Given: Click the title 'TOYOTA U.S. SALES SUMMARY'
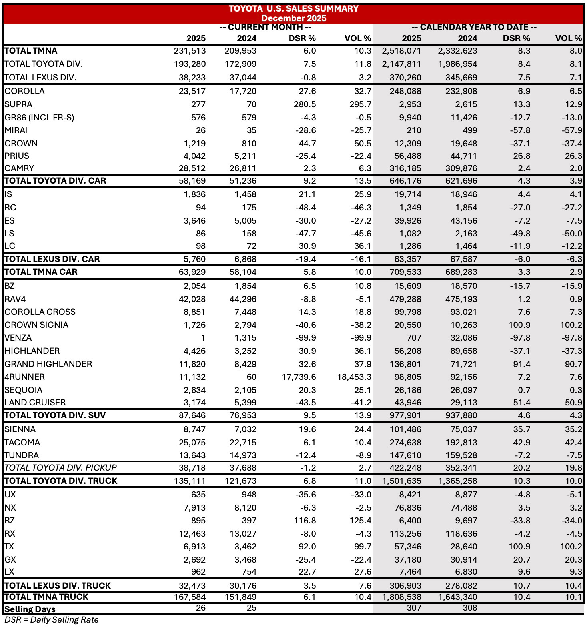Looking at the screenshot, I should point(293,8).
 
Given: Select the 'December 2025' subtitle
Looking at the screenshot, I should point(293,18).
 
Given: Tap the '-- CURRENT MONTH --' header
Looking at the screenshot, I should point(265,27).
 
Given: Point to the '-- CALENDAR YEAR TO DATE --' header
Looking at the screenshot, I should point(474,27).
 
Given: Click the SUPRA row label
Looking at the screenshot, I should point(18,104).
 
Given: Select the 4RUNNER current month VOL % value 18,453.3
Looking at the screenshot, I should point(354,377).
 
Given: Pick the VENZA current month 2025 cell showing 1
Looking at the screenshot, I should point(203,338).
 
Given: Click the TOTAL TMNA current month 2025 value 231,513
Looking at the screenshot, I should point(190,51).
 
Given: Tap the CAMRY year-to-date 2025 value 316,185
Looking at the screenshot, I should point(405,168).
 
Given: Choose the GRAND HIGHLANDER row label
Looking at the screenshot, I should point(48,364).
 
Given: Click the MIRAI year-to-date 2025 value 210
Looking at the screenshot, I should point(414,130).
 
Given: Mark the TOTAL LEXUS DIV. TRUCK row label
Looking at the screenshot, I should point(58,586).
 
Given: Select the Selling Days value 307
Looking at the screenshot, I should point(414,608).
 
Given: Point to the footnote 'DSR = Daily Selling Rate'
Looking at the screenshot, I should point(52,620).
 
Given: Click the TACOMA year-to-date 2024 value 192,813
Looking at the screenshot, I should point(461,443).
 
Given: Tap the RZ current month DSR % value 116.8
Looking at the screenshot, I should point(305,521).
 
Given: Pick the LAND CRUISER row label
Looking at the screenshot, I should point(35,403).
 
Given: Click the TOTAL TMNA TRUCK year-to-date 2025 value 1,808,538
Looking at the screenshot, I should point(401,597).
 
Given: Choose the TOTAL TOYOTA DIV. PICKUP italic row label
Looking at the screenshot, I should point(60,468).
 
